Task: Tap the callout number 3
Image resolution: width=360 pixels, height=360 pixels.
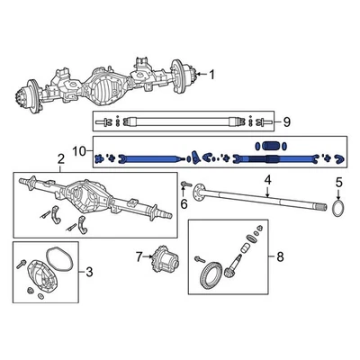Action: point(88,271)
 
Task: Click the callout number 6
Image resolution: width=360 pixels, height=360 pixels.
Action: point(184,204)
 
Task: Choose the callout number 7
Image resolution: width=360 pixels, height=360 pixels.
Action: point(138,257)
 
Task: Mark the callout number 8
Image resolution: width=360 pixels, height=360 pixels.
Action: point(279,257)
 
